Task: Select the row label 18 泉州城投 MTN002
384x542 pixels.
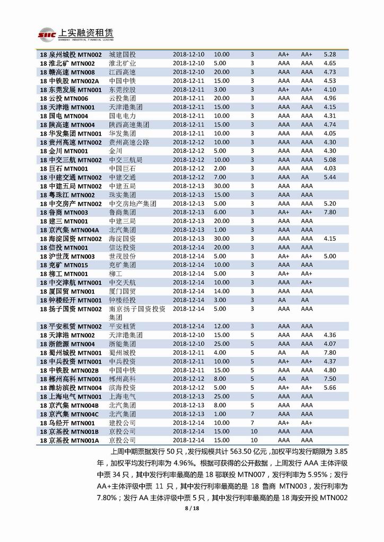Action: [x=71, y=55]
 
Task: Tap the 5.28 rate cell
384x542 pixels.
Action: [x=330, y=55]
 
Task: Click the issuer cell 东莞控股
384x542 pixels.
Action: [x=122, y=90]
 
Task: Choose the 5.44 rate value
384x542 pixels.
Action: [x=330, y=177]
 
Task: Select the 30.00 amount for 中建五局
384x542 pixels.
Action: [x=222, y=186]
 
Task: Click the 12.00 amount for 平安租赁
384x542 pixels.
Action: [x=222, y=326]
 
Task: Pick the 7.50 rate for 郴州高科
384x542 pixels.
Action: [x=330, y=379]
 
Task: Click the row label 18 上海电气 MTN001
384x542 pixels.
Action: [x=71, y=396]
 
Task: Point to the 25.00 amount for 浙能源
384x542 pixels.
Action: [x=222, y=344]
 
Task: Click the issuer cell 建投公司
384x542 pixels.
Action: [x=122, y=423]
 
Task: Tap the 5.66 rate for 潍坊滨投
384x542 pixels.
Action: [x=330, y=388]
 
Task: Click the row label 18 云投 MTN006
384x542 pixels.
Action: [x=64, y=99]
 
